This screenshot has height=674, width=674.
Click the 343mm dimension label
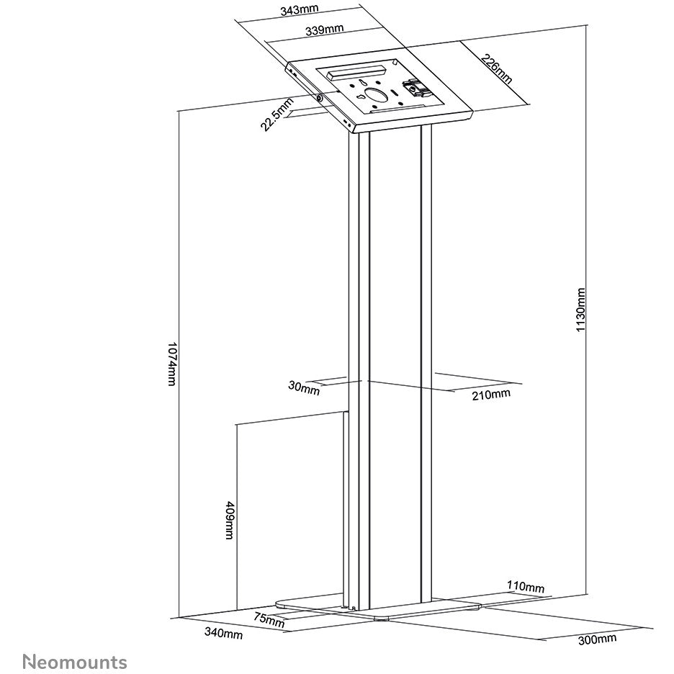point(299,9)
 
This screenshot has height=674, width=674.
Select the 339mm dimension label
point(325,30)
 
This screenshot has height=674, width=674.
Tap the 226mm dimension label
point(496,69)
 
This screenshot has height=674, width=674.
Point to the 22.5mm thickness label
point(277,114)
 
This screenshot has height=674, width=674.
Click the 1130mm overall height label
point(580,310)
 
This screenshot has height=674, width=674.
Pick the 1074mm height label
point(172,364)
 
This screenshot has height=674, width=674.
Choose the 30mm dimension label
point(304,387)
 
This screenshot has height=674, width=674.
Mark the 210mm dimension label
point(491,394)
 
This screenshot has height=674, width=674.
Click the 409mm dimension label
point(230,520)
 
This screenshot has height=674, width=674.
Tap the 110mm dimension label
point(526,586)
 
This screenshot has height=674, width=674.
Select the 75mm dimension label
point(269,619)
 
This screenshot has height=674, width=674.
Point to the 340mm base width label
point(223,633)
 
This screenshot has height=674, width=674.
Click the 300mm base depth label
point(597,639)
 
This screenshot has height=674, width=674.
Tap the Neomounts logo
point(75,662)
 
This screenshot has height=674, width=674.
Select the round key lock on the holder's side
point(320,98)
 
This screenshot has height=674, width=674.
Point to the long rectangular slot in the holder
point(356,71)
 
